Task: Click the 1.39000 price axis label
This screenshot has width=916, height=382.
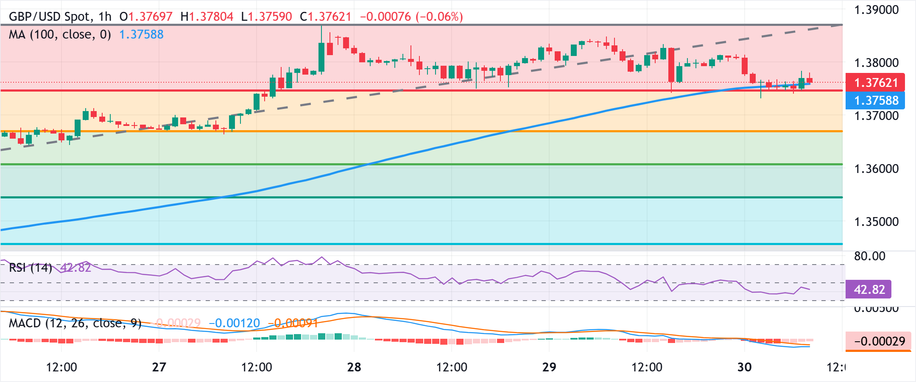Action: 876,10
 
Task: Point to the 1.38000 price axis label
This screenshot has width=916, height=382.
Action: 876,63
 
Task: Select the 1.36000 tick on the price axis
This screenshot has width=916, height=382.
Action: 876,169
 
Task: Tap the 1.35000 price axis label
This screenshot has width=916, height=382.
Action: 876,222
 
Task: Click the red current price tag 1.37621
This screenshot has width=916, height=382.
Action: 875,82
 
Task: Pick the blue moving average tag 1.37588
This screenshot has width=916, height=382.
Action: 875,100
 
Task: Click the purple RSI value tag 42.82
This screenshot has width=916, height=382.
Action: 869,290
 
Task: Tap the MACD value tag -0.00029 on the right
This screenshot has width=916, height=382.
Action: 879,341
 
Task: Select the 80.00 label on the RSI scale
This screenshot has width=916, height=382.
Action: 869,256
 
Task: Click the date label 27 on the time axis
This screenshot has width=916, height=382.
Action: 159,367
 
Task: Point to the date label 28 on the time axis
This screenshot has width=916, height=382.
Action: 354,367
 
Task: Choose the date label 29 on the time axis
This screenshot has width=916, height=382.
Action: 549,367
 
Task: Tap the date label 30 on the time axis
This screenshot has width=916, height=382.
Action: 744,367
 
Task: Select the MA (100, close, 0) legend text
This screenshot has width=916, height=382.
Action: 60,34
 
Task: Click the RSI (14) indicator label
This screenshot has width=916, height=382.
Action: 30,268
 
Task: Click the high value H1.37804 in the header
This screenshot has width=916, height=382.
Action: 207,17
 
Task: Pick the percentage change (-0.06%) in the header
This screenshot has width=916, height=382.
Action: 439,17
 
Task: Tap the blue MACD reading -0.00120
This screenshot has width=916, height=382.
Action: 235,323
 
